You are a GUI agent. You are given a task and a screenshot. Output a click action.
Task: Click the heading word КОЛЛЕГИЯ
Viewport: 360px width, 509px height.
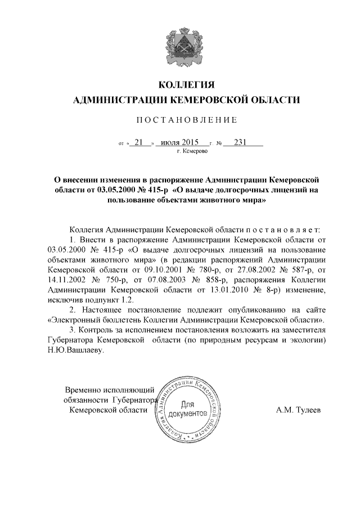[179, 85]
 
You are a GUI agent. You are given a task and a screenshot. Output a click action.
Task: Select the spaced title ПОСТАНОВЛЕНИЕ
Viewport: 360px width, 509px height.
[179, 120]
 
